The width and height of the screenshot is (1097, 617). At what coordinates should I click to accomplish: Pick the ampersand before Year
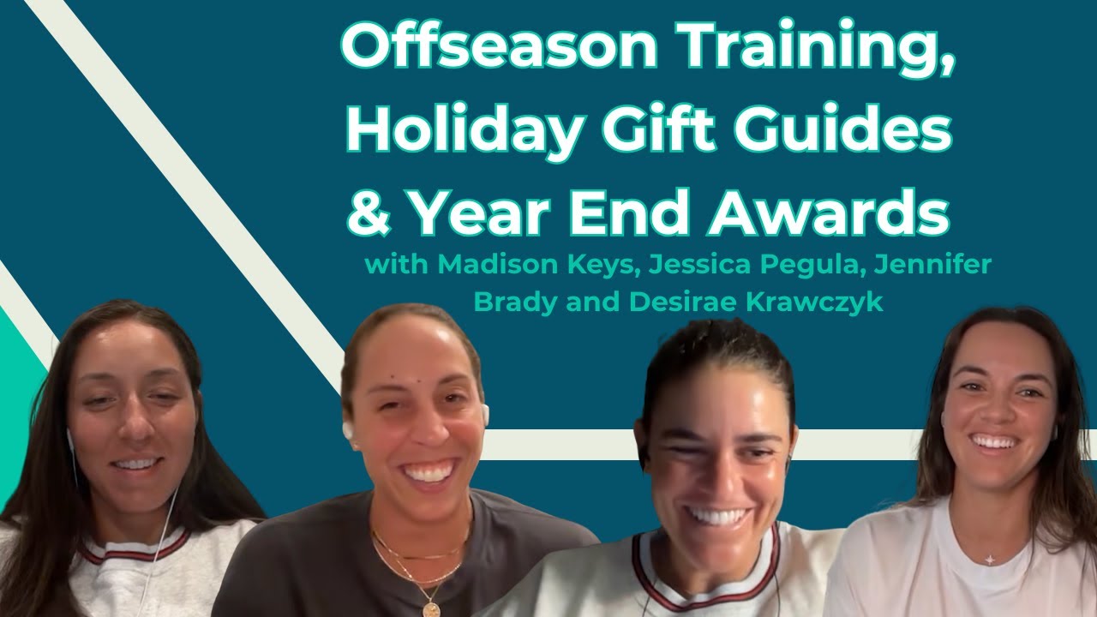click(x=369, y=213)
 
